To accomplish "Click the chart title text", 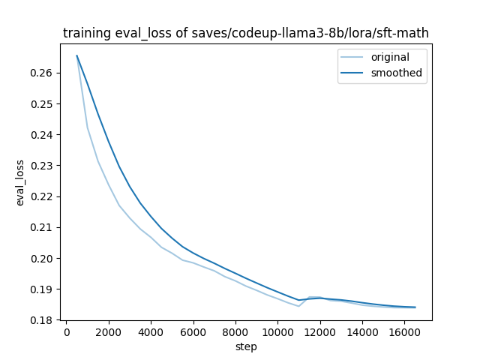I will coord(246,33).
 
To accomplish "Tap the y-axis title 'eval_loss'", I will coord(20,182).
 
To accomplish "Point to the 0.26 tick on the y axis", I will coord(43,73).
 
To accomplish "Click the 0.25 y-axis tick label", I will coord(43,103).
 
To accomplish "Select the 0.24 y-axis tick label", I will coord(43,135).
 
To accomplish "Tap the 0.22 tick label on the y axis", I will coord(43,196).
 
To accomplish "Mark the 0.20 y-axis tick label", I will coord(43,259).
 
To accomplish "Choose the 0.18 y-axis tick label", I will coord(43,320).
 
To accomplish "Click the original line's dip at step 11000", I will coord(298,306).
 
